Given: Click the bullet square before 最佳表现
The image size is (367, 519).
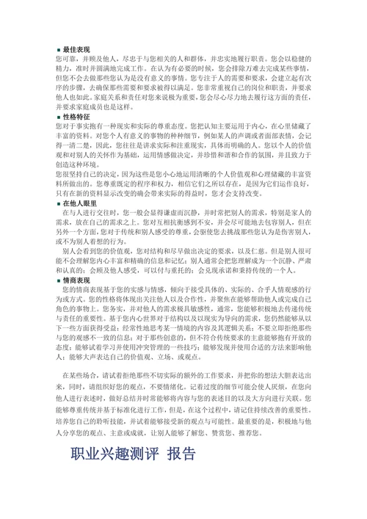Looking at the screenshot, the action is pos(58,46).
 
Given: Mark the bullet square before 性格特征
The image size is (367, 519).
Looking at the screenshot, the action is pos(58,117).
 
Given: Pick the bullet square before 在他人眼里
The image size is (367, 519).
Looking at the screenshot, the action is pos(58,203).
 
